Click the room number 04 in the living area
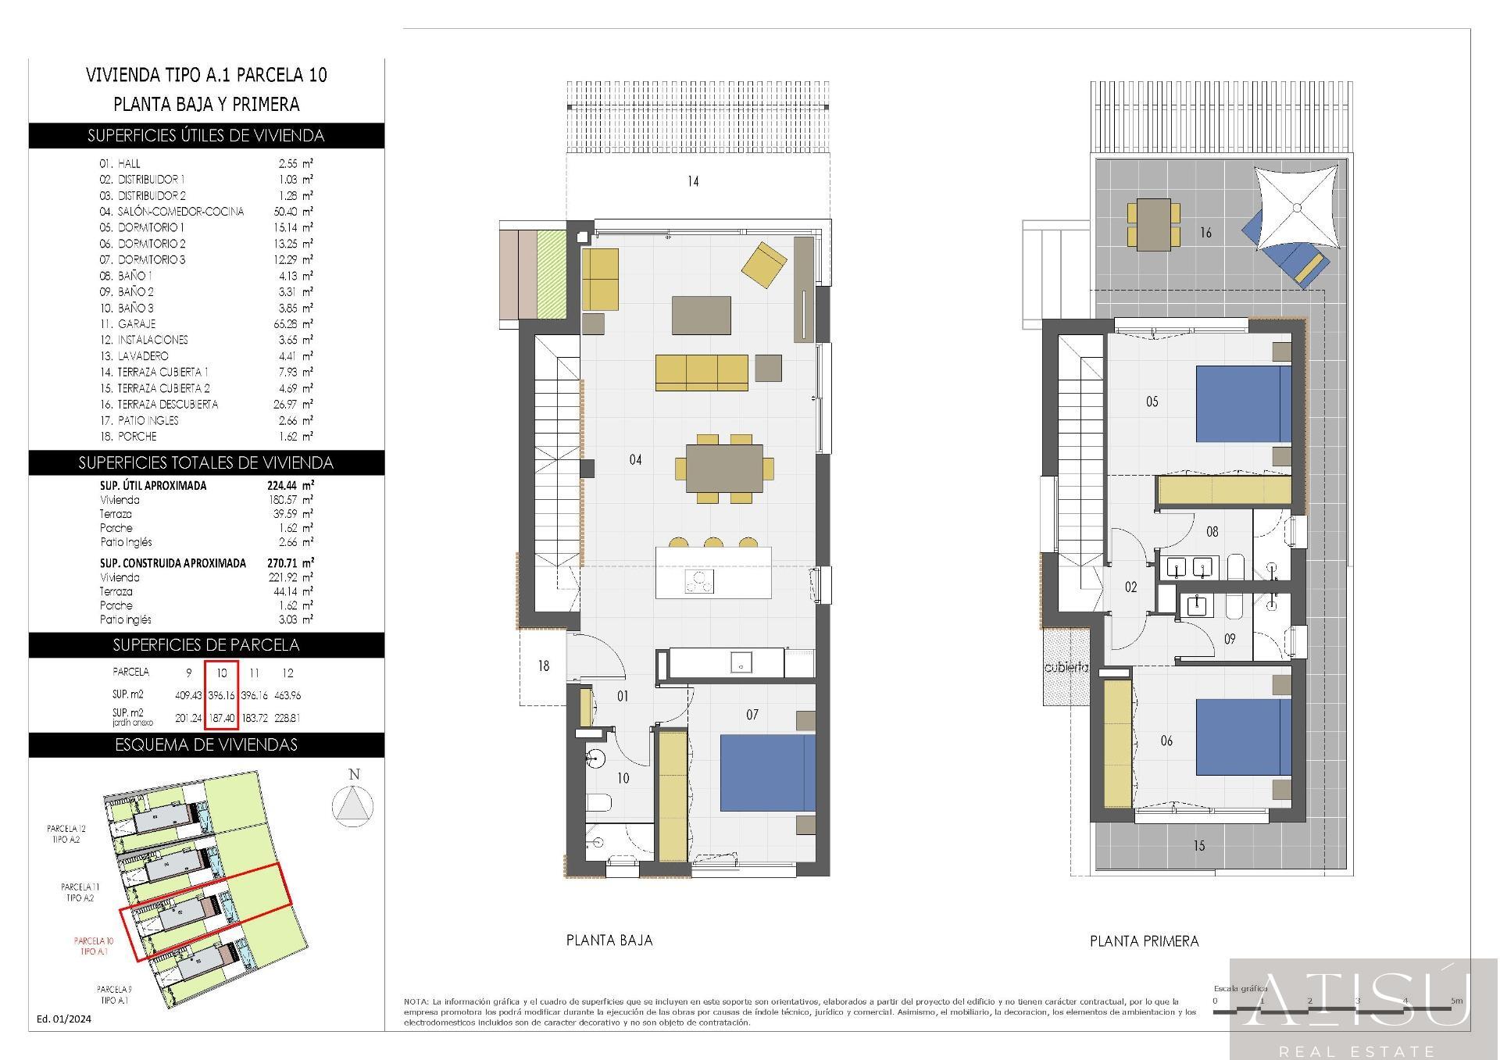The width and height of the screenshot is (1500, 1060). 635,460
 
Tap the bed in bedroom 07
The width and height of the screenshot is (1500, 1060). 766,772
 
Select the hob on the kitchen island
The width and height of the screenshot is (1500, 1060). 699,582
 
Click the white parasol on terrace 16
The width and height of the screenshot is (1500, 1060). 1297,208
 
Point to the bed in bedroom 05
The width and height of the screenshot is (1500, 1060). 1243,404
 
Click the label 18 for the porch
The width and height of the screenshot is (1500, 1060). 543,666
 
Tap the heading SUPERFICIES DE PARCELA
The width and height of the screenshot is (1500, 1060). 206,645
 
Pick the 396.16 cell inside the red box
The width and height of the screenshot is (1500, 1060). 222,695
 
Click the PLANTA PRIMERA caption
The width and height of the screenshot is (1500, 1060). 1144,941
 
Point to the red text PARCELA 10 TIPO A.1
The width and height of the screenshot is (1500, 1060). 94,946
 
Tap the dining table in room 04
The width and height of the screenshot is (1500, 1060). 724,469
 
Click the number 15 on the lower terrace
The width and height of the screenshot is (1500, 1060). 1198,845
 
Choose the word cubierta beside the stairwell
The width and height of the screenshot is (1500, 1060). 1066,668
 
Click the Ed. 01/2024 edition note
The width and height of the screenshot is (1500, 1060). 64,1019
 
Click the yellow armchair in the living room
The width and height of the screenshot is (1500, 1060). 763,265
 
